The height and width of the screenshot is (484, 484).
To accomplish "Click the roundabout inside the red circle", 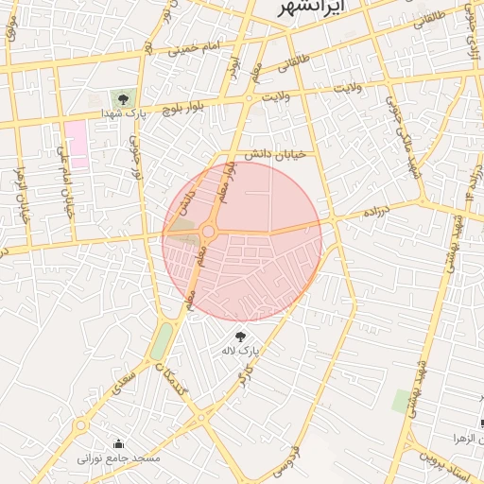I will coord(208,231).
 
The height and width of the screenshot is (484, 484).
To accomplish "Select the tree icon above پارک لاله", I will coord(238,336).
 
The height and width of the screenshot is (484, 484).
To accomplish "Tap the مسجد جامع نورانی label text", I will coord(119,458).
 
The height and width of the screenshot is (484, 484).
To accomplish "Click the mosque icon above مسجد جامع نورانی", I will coord(119,443).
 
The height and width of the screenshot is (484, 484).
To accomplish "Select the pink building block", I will coord(77,144).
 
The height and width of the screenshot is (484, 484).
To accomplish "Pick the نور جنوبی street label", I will coord(135,158).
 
